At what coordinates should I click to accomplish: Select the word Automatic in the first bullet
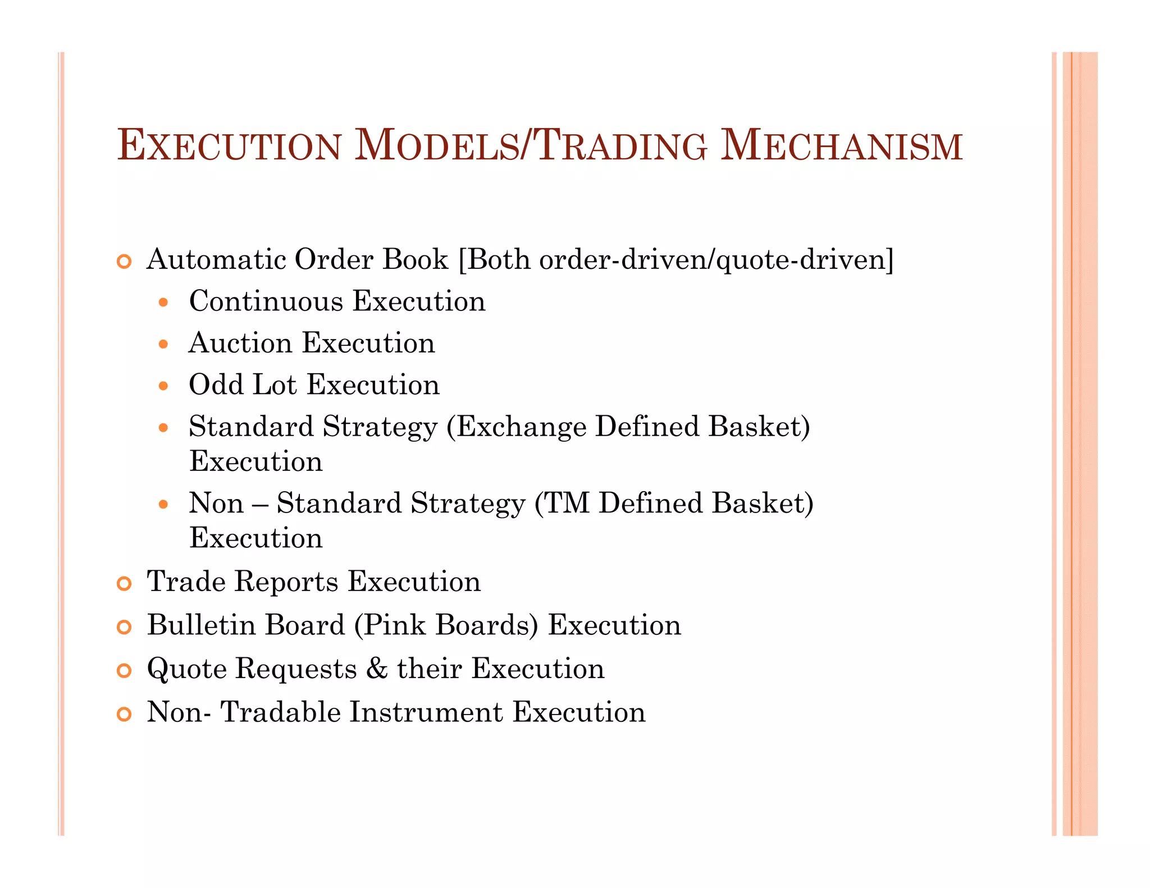pos(216,259)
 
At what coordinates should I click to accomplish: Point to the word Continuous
pos(266,301)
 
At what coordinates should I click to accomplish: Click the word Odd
pos(216,385)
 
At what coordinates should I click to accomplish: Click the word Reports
pos(286,582)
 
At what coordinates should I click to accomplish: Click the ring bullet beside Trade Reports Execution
pos(124,584)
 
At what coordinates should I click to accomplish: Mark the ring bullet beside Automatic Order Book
pos(124,262)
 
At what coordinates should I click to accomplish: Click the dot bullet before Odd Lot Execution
pos(163,386)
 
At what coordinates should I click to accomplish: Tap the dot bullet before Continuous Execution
pos(163,303)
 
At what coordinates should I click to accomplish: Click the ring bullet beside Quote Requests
pos(124,671)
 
